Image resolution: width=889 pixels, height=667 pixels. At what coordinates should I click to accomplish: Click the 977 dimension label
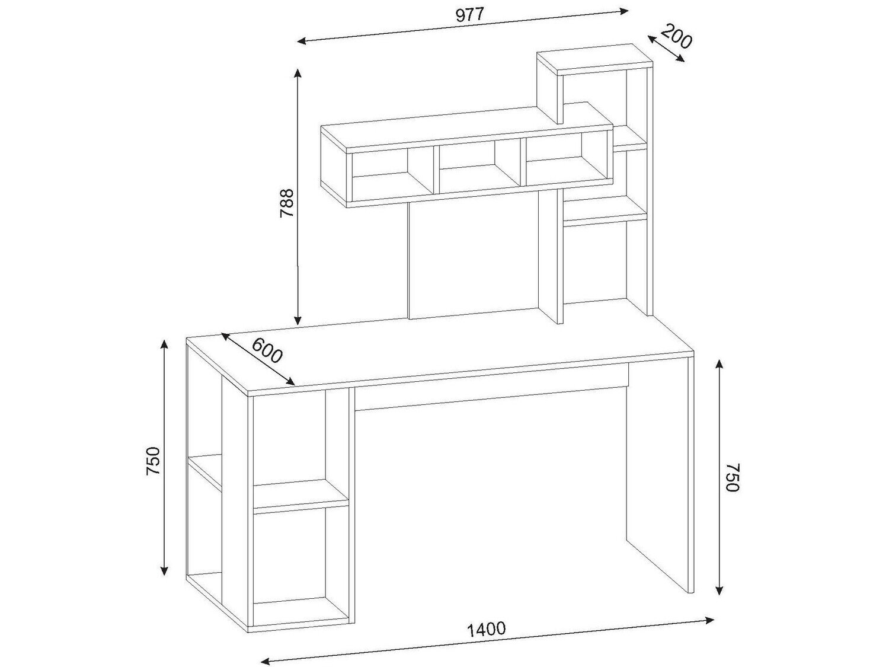(x=470, y=15)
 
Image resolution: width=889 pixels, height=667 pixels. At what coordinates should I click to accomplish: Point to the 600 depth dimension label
(x=267, y=350)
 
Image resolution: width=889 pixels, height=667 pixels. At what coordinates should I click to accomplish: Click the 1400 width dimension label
(x=487, y=629)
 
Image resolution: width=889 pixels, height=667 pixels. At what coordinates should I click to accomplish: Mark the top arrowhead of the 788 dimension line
(x=298, y=74)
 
